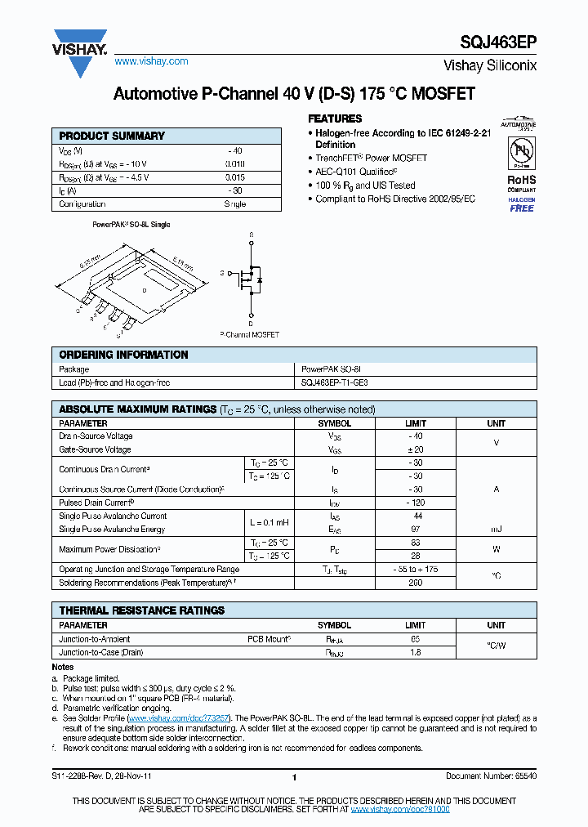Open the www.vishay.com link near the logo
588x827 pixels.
151,61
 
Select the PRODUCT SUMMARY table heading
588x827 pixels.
112,136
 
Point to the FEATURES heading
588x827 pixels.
335,118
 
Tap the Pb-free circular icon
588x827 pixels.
521,152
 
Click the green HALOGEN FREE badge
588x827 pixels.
522,204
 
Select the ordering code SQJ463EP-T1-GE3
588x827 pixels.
341,382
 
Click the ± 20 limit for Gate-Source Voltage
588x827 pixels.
416,449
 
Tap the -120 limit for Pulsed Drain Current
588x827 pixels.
416,503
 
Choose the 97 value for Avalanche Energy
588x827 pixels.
416,530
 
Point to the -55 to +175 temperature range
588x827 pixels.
416,569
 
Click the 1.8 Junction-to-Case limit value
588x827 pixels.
416,653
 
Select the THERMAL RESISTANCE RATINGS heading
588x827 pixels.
141,610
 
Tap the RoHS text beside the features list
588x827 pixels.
521,180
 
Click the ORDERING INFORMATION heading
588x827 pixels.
123,355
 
